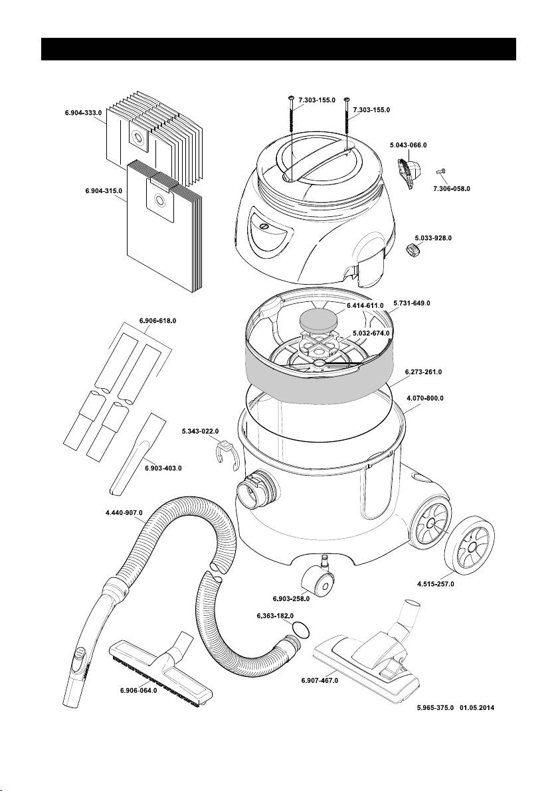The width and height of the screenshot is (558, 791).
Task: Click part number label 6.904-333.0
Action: pyautogui.click(x=83, y=113)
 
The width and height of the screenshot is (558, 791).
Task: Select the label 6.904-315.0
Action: pyautogui.click(x=104, y=191)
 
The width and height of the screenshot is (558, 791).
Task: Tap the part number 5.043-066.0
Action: pyautogui.click(x=408, y=145)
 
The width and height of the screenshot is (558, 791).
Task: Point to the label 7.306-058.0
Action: pyautogui.click(x=451, y=188)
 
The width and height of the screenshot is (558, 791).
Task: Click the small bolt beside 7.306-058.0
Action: pyautogui.click(x=439, y=173)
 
